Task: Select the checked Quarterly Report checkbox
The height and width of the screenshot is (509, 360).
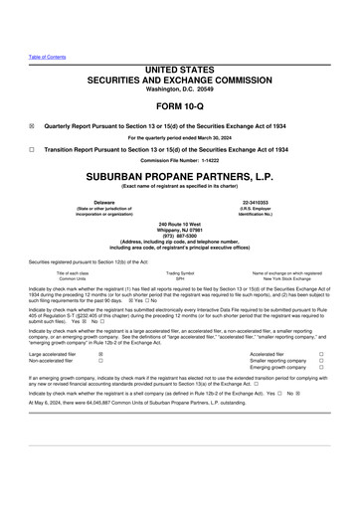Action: pyautogui.click(x=32, y=126)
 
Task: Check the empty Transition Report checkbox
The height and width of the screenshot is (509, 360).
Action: pyautogui.click(x=32, y=148)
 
